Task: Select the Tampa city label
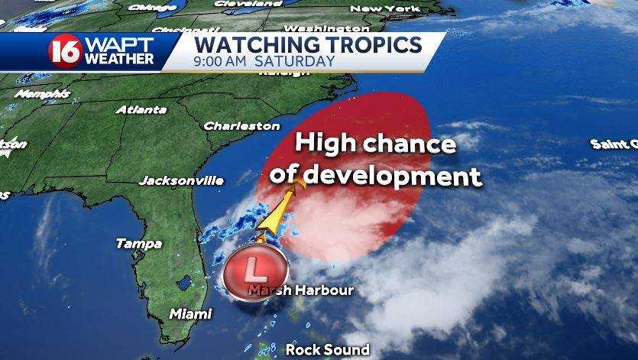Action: [x=138, y=244]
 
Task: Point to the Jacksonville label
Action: [x=181, y=181]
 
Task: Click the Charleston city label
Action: [x=241, y=125]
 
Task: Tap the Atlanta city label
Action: [x=141, y=109]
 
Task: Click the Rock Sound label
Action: [x=327, y=349]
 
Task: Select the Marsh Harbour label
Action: [x=303, y=290]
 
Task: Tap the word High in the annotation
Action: [x=325, y=144]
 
